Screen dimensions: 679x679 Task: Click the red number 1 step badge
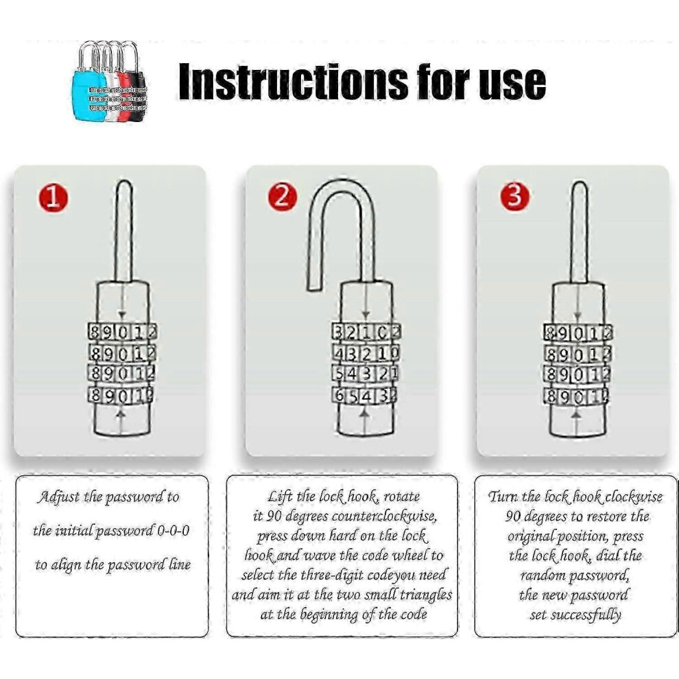coord(53,198)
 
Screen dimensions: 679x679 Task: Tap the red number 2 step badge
coord(282,197)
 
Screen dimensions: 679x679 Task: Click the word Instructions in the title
coord(293,82)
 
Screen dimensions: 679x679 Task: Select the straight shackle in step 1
coord(123,232)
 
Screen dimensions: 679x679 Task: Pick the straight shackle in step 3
coord(579,233)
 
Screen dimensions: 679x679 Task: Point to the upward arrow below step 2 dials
coord(366,422)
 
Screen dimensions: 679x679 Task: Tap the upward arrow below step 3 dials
coord(576,423)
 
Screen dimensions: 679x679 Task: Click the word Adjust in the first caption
coord(59,497)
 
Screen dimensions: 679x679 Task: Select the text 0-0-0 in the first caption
coord(174,530)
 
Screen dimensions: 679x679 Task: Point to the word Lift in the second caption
coord(279,497)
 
